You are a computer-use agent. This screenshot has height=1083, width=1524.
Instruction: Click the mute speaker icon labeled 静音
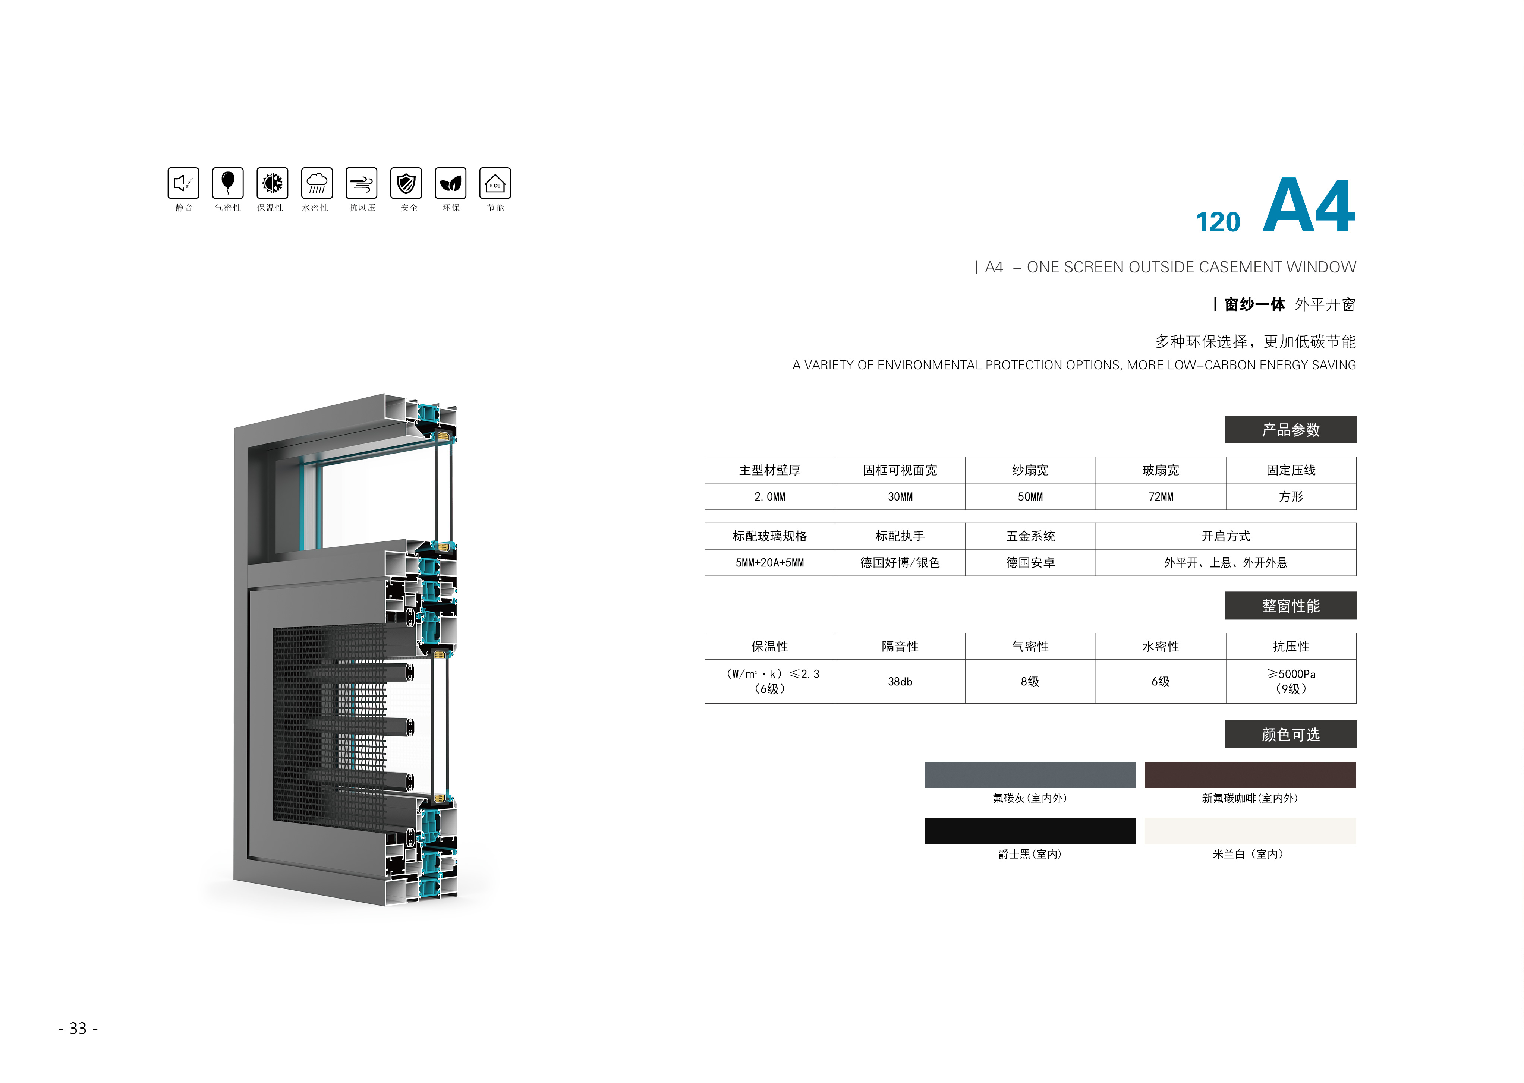coord(183,183)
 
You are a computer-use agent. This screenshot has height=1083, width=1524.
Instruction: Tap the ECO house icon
coord(495,183)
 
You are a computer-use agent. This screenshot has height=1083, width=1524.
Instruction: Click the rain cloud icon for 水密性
coord(317,183)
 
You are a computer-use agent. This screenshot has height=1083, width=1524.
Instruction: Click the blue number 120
coord(1218,222)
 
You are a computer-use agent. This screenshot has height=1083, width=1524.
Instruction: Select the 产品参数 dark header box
coord(1291,429)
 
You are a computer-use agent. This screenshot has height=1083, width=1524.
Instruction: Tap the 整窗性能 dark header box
coord(1291,606)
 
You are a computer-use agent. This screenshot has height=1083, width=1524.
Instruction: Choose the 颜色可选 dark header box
coord(1291,734)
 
